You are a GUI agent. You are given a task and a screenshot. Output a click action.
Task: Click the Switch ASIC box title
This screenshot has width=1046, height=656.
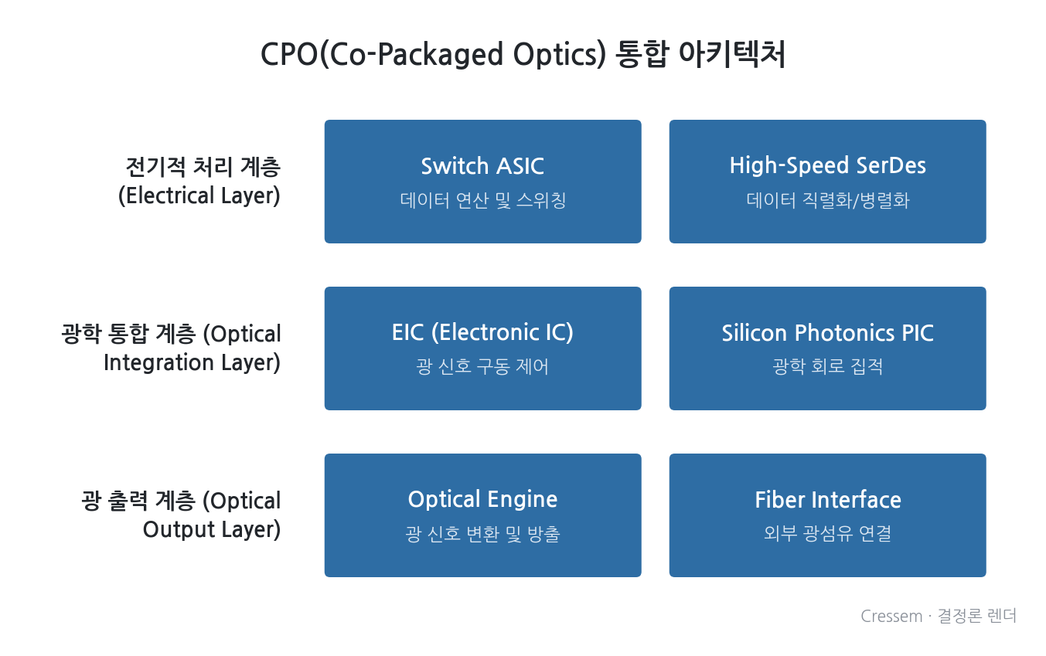(x=482, y=166)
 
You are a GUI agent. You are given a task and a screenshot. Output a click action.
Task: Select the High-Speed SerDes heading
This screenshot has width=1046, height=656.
(x=827, y=165)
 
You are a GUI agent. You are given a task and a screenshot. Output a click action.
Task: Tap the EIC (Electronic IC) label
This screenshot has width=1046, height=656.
(x=482, y=333)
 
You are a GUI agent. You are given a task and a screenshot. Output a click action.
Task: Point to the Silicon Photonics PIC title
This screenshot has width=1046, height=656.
(x=827, y=333)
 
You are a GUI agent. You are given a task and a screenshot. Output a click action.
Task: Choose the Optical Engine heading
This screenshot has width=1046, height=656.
(x=482, y=500)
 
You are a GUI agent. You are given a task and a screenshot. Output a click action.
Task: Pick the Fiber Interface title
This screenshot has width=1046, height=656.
(x=827, y=500)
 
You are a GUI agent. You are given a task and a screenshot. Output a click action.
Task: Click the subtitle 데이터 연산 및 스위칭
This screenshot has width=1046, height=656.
(x=482, y=201)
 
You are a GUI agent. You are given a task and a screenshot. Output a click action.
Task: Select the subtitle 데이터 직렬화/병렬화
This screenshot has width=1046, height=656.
(x=827, y=201)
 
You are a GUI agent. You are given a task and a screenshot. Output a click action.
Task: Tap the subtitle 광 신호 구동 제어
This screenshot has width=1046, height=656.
(x=482, y=367)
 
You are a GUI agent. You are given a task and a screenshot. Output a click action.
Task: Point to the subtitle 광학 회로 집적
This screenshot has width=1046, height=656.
(x=827, y=366)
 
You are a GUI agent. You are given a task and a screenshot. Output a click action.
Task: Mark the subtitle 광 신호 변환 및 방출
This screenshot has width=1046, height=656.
(x=482, y=534)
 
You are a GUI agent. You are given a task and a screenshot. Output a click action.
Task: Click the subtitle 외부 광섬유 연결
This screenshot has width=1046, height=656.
(x=827, y=533)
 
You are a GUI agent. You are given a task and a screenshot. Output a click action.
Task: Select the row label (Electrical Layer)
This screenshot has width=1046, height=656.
(x=199, y=195)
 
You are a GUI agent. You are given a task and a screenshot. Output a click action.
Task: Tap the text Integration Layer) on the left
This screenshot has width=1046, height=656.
(x=192, y=362)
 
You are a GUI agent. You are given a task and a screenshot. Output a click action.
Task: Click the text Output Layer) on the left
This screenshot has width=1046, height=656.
(x=212, y=529)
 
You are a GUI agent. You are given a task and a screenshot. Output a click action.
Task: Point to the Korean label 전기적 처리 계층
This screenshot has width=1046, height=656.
(x=203, y=167)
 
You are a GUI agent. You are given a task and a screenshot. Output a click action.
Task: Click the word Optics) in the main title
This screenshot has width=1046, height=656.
(x=560, y=55)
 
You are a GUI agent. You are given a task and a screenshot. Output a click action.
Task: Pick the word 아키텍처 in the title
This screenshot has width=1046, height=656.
(x=731, y=53)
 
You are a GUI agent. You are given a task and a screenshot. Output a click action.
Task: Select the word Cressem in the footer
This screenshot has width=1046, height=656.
(x=891, y=617)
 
